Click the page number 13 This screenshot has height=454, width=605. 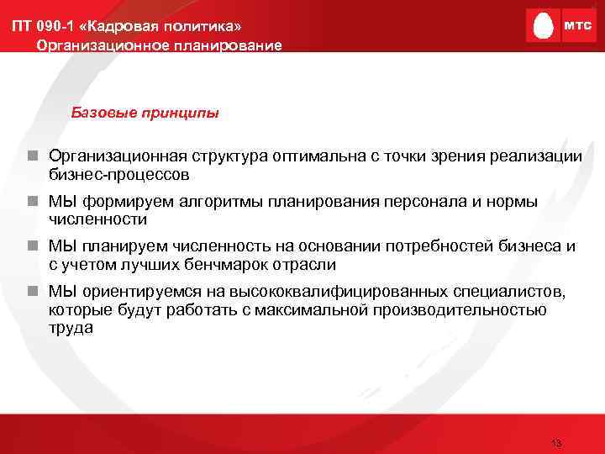click(555, 443)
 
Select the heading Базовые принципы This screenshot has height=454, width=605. click(145, 112)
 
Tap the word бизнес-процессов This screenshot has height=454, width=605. click(118, 175)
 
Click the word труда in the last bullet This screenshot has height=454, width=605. click(71, 327)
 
